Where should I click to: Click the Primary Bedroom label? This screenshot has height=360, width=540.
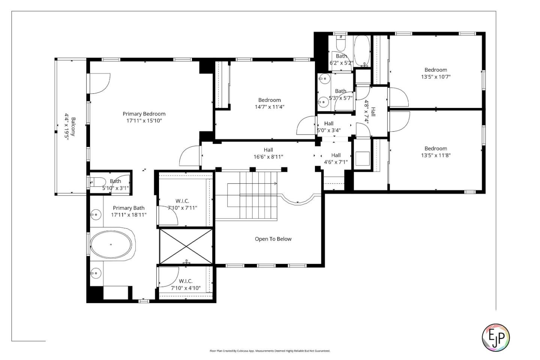144,114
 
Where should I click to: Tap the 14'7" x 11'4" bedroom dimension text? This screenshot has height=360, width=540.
269,107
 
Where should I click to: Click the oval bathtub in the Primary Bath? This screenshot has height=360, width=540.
111,244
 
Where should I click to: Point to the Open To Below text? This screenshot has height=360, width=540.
273,239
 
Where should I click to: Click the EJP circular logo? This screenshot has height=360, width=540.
495,337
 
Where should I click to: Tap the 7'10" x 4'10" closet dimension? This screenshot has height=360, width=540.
186,288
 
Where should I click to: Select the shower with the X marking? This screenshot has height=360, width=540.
186,246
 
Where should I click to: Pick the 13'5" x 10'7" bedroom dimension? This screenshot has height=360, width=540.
435,77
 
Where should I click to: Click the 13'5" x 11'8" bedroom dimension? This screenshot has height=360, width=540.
435,155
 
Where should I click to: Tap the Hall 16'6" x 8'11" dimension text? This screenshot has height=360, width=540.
268,157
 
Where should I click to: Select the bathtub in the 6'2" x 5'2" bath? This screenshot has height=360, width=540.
362,51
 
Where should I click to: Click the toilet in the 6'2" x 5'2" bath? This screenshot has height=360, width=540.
340,44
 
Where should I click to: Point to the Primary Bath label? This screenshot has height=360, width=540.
129,208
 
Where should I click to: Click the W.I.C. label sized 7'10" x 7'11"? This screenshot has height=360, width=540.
182,201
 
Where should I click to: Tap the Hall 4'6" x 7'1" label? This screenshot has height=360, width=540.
336,155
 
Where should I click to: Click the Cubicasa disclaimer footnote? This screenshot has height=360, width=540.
270,351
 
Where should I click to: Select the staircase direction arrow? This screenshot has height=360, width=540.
275,183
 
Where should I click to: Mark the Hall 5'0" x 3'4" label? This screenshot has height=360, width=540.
329,123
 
